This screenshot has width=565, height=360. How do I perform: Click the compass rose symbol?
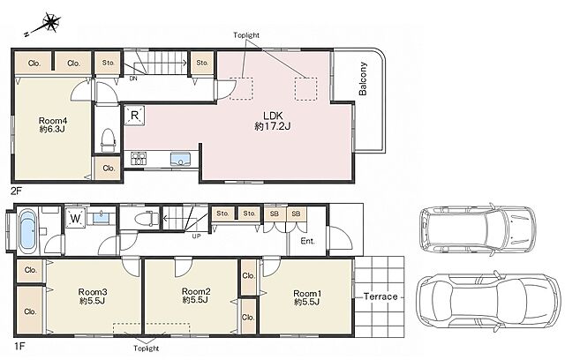[x=50, y=24]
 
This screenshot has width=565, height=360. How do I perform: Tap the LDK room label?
[x=273, y=116]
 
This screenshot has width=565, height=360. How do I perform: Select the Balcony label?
[x=363, y=79]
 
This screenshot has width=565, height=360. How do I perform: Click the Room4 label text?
[x=53, y=121]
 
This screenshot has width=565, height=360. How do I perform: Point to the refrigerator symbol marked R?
[x=134, y=116]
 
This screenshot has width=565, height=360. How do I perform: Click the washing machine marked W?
[x=76, y=218]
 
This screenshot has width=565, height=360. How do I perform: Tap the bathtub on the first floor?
[x=27, y=230]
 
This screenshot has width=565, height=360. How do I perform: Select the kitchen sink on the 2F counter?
[x=180, y=159]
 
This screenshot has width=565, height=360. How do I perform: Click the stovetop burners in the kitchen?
[x=139, y=159]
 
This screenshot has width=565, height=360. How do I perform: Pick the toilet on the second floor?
[x=108, y=139]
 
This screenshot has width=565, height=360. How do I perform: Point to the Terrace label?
[x=380, y=296]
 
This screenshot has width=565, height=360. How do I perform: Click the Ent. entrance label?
[x=308, y=241]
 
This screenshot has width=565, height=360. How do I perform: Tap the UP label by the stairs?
[x=196, y=236]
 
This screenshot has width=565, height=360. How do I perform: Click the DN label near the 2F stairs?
[x=133, y=79]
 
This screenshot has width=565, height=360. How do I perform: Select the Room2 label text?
[x=196, y=291]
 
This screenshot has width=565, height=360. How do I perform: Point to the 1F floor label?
[x=19, y=347]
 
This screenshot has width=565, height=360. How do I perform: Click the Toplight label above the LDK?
[x=246, y=35]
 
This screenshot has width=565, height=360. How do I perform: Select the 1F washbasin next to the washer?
[x=102, y=217]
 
